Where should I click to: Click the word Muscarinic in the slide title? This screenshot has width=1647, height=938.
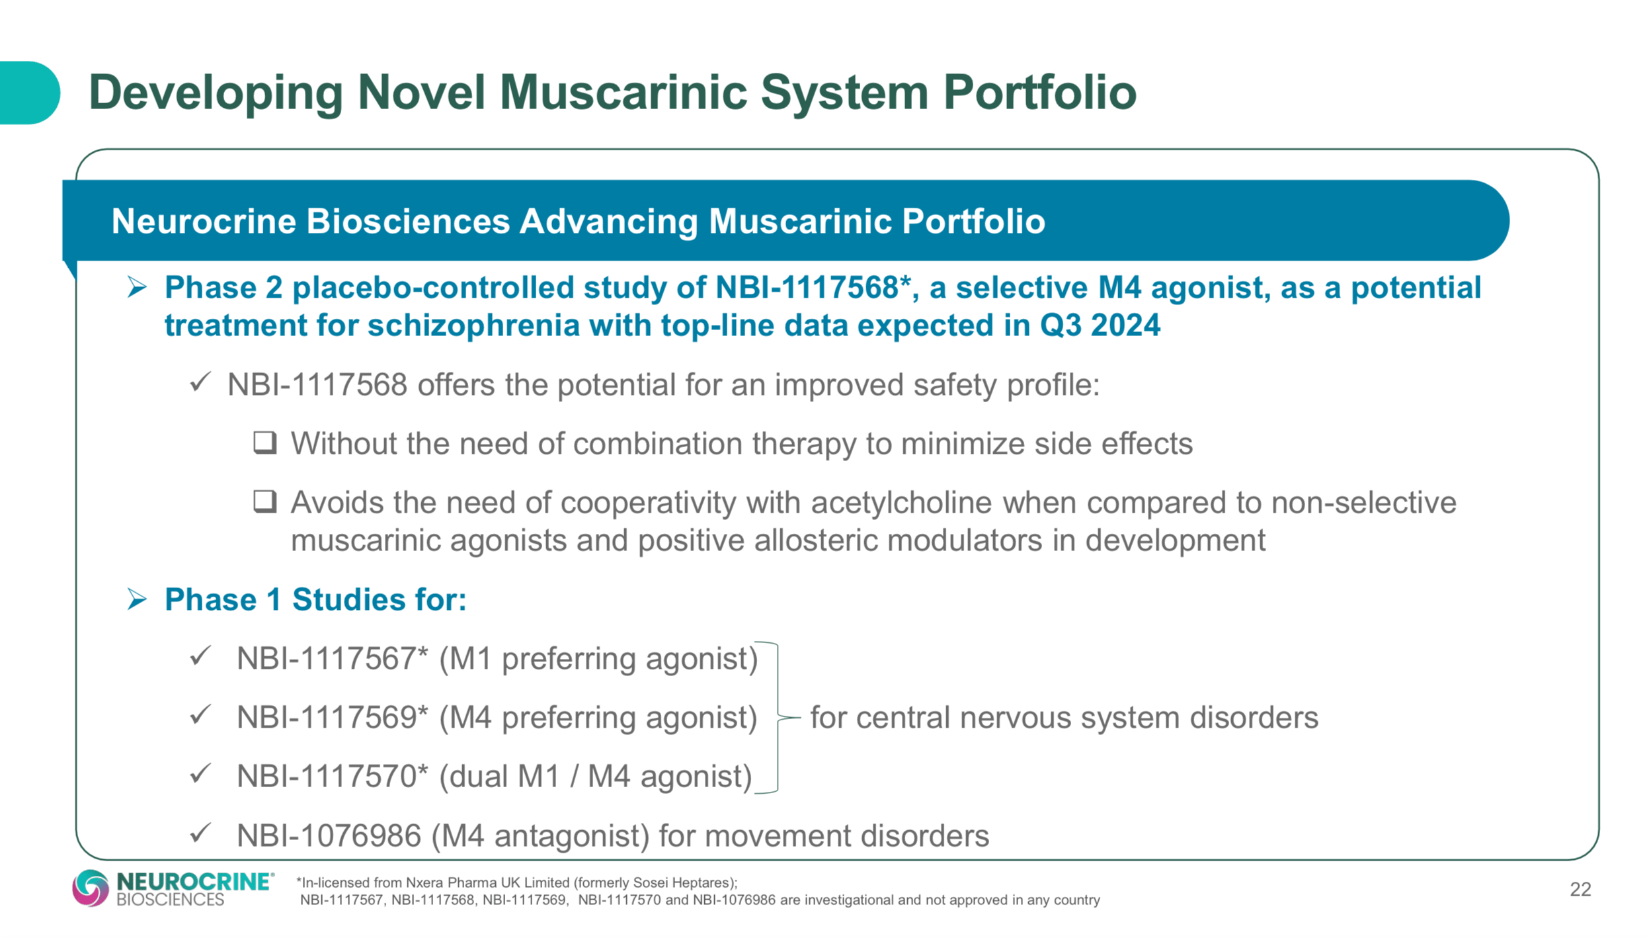623,93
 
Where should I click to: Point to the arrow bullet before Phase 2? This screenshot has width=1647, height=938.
137,288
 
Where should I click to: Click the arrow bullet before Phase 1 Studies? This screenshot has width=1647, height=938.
137,599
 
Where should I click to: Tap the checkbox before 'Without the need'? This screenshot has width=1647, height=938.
265,443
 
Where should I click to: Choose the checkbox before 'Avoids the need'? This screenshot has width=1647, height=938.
265,501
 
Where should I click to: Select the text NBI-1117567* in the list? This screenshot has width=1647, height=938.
333,659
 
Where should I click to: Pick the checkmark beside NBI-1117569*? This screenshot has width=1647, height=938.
200,716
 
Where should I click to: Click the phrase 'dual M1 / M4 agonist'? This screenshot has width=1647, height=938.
595,777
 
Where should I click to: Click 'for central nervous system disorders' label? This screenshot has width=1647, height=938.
1064,718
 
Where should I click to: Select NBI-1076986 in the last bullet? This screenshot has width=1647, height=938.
329,836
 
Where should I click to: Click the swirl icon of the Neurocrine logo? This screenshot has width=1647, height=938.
91,888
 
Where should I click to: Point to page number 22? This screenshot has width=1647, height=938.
1580,890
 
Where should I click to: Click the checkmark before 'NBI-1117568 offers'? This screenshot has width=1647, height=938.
200,382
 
